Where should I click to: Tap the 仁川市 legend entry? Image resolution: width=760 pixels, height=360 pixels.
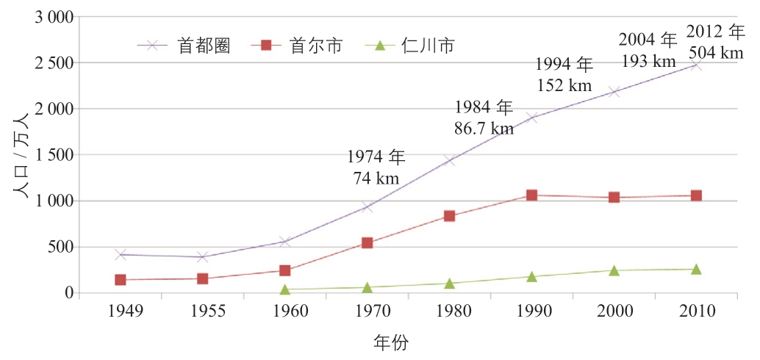tap(412, 46)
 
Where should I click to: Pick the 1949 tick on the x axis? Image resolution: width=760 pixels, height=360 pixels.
tap(121, 311)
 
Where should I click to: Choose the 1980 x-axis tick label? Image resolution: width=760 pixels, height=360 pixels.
tap(449, 311)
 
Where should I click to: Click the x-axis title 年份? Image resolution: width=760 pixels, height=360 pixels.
tap(390, 342)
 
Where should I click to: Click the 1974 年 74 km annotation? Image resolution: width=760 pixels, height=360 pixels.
tap(376, 168)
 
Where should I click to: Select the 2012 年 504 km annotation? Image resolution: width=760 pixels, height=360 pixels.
tap(714, 42)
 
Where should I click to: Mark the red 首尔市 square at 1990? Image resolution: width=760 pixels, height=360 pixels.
tap(531, 195)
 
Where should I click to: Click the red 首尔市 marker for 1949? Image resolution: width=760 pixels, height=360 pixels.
tap(121, 280)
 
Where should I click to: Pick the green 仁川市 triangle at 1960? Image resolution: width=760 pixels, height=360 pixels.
tap(284, 289)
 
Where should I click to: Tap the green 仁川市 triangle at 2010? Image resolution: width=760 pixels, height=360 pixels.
tap(696, 269)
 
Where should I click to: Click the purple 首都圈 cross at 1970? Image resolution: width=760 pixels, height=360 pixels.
tap(367, 207)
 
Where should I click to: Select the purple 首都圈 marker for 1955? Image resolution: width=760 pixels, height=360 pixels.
tap(202, 257)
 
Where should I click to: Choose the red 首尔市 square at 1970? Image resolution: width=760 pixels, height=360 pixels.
tap(367, 242)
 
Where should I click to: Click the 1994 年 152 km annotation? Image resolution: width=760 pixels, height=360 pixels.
tap(563, 74)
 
